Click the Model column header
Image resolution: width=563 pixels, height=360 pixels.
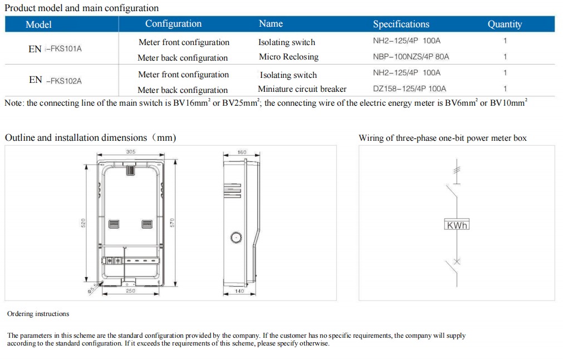pyautogui.click(x=38, y=24)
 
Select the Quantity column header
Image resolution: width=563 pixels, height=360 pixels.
pyautogui.click(x=505, y=24)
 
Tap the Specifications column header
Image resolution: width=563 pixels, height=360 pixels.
pyautogui.click(x=401, y=24)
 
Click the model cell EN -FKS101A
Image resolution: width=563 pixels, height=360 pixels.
pyautogui.click(x=55, y=49)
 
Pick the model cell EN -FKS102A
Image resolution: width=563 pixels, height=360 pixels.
pyautogui.click(x=55, y=80)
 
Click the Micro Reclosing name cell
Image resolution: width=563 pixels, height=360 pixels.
pyautogui.click(x=288, y=57)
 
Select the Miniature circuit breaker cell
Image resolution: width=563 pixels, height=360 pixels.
pyautogui.click(x=302, y=89)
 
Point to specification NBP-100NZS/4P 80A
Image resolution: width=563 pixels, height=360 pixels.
pyautogui.click(x=411, y=57)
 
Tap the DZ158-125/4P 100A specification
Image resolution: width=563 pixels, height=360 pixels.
pyautogui.click(x=409, y=89)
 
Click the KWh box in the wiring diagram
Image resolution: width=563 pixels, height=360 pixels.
pyautogui.click(x=457, y=225)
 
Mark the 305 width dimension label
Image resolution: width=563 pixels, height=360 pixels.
pyautogui.click(x=130, y=152)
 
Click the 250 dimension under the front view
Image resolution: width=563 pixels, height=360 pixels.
pyautogui.click(x=130, y=291)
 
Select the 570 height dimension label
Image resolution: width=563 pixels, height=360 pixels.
pyautogui.click(x=173, y=223)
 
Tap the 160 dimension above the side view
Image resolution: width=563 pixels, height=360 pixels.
pyautogui.click(x=242, y=152)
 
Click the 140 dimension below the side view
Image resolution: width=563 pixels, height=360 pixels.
pyautogui.click(x=239, y=291)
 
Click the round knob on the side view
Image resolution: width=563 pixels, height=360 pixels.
pyautogui.click(x=236, y=238)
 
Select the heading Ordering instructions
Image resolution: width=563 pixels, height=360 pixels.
pyautogui.click(x=38, y=314)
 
